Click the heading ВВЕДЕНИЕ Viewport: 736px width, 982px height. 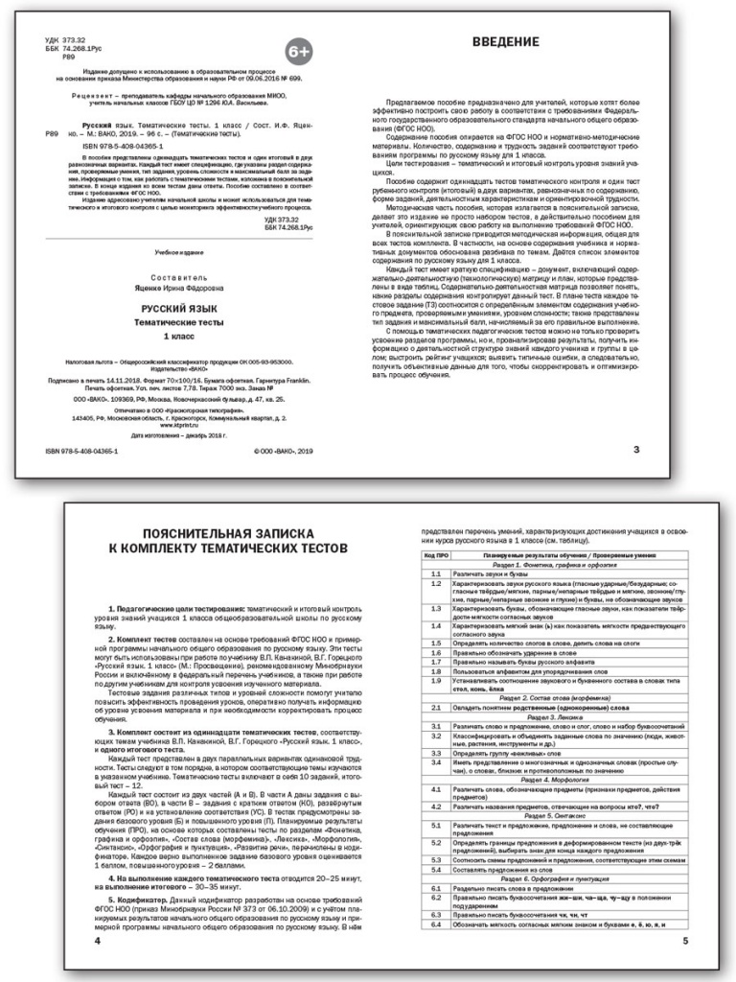pos(508,42)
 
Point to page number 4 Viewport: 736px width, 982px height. pos(97,941)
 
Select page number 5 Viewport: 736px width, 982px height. pos(683,941)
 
